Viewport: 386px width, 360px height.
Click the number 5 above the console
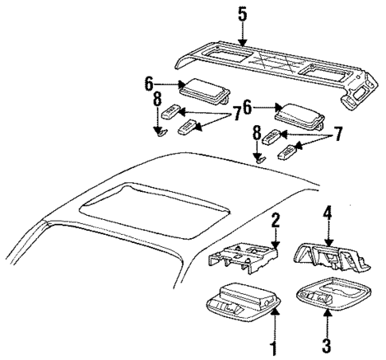(x=242, y=13)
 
